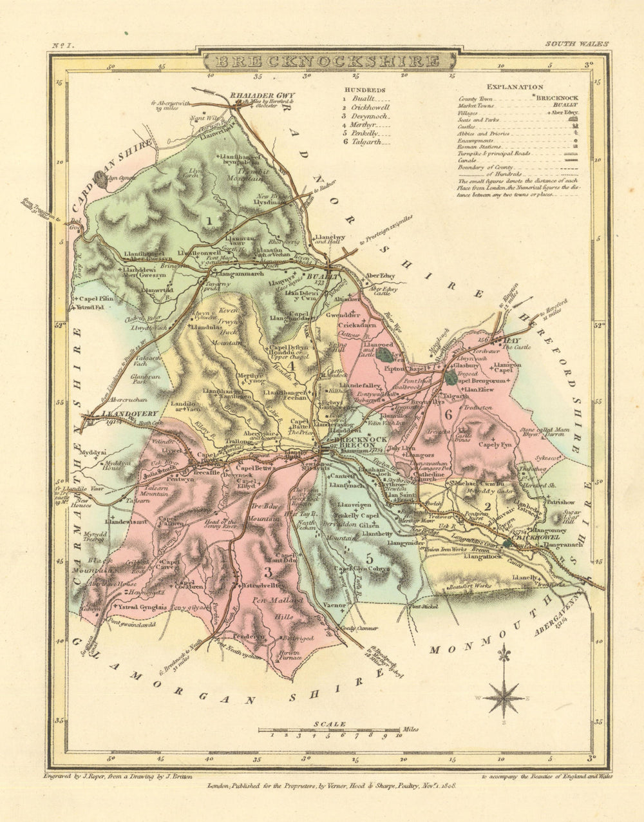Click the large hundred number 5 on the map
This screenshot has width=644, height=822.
[369, 558]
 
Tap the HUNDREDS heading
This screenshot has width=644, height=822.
[365, 90]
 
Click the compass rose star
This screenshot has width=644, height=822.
[504, 698]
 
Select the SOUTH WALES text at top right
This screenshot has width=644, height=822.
[576, 44]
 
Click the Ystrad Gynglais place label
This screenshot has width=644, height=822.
[139, 607]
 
